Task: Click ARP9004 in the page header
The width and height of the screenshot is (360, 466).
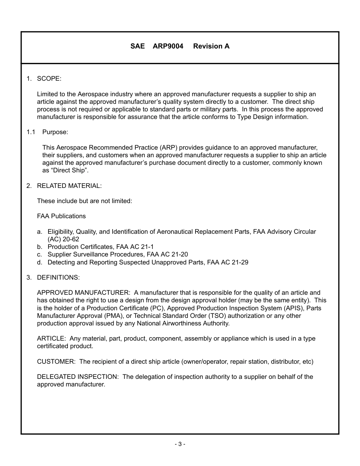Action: [x=168, y=46]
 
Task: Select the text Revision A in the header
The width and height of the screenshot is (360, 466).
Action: [x=211, y=46]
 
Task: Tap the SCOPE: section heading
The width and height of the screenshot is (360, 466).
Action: [x=49, y=79]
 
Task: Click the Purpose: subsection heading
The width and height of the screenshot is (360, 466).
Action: [x=55, y=132]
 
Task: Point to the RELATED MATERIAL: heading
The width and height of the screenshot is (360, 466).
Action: [x=69, y=186]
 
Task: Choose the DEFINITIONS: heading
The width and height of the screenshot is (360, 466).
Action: [x=58, y=277]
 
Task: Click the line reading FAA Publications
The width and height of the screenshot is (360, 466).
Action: [x=61, y=216]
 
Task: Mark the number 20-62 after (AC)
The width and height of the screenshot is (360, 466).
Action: [x=70, y=239]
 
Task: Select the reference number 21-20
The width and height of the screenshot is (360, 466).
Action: [x=179, y=254]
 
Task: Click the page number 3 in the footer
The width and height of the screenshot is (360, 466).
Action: [x=180, y=444]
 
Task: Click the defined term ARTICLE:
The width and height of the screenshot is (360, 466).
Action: [x=52, y=338]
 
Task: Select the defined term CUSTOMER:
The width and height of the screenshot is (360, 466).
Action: [x=56, y=361]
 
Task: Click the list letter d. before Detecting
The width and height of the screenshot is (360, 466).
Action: [x=39, y=262]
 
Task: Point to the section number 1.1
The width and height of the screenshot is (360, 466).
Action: [x=31, y=132]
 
